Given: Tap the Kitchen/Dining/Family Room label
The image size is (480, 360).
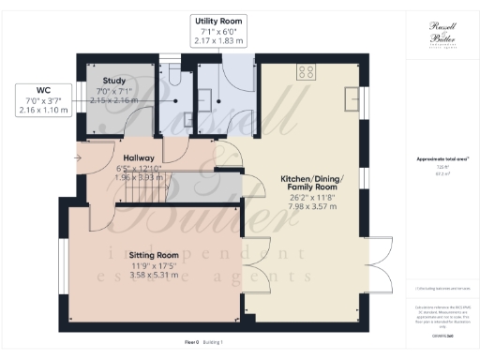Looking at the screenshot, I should (x=312, y=184).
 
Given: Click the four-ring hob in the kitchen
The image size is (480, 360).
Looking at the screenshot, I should (x=306, y=71).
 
